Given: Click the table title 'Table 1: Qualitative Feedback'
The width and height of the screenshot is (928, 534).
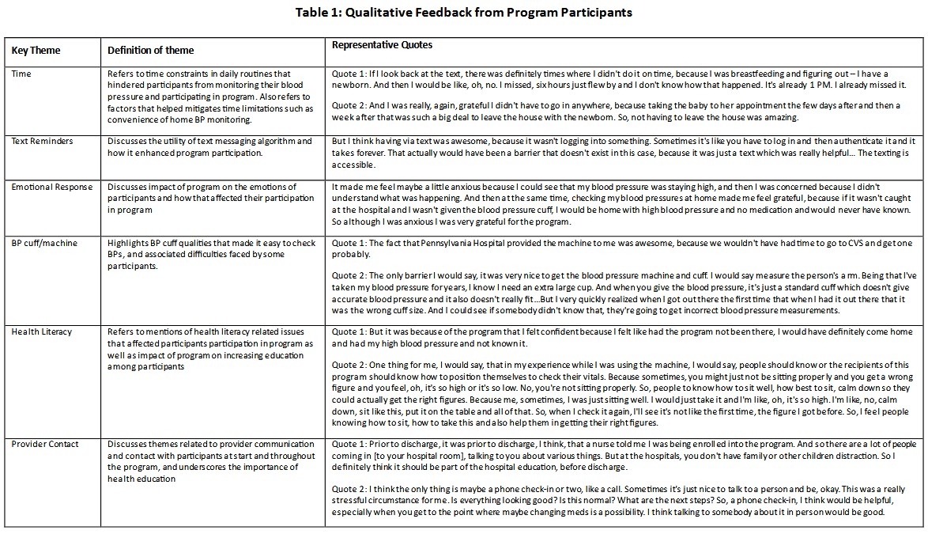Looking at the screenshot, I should (463, 12).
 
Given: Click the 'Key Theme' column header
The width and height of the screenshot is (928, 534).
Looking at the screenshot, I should (36, 51).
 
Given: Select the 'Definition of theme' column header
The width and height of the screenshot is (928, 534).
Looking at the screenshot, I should (151, 51).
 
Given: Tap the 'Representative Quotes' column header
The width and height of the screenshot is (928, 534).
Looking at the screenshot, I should (382, 45).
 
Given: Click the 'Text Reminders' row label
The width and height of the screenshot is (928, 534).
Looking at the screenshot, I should (42, 142).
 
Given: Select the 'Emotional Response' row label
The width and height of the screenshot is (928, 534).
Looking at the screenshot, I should (51, 187).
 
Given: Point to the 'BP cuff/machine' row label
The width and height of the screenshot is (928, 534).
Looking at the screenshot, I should (44, 243).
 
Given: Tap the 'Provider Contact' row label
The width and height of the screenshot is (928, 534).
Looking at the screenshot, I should (45, 444).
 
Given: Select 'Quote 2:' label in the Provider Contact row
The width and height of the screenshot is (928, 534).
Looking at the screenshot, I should (350, 489).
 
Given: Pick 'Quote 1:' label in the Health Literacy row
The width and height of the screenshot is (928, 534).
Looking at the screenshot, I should (350, 332).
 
